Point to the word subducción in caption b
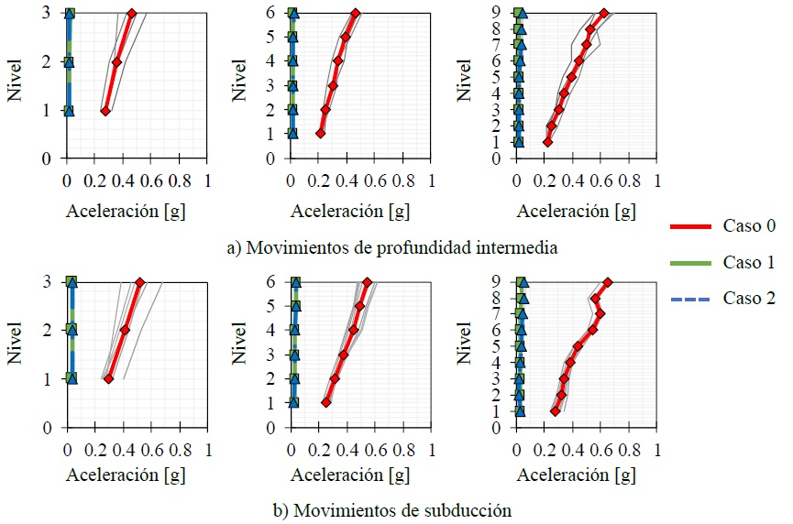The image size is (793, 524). [468, 509]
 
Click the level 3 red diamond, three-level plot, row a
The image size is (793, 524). [132, 13]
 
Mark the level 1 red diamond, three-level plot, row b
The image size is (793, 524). [108, 378]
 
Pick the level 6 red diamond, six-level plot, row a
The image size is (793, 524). [356, 13]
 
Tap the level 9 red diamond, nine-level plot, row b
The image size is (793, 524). [607, 283]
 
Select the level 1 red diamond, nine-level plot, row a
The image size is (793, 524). [547, 142]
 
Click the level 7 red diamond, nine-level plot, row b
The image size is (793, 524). [600, 313]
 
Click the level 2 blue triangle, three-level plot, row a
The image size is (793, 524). [69, 61]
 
